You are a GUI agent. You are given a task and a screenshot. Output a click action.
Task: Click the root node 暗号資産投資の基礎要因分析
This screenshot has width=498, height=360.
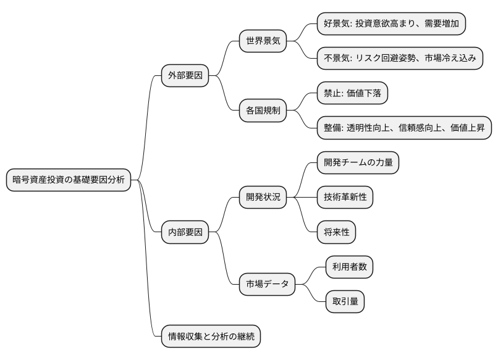(x=69, y=180)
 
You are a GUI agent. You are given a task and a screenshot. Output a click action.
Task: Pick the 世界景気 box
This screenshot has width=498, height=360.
(x=263, y=42)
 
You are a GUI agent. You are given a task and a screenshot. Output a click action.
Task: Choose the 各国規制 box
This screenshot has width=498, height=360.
(x=263, y=111)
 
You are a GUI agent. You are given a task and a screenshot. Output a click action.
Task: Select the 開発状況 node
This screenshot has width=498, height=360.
(x=263, y=198)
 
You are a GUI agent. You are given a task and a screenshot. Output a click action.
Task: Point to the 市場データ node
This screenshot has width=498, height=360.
(x=267, y=284)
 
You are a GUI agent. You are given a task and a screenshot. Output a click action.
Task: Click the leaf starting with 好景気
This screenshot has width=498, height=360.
(x=391, y=25)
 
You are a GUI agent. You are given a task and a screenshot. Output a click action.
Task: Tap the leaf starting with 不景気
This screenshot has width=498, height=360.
(x=399, y=59)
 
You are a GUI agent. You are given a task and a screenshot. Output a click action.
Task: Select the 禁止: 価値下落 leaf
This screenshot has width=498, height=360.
(x=352, y=94)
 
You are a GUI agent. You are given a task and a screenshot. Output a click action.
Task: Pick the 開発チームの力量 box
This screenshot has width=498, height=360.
(x=357, y=163)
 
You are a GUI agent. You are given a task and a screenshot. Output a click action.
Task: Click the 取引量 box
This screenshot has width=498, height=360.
(x=345, y=301)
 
